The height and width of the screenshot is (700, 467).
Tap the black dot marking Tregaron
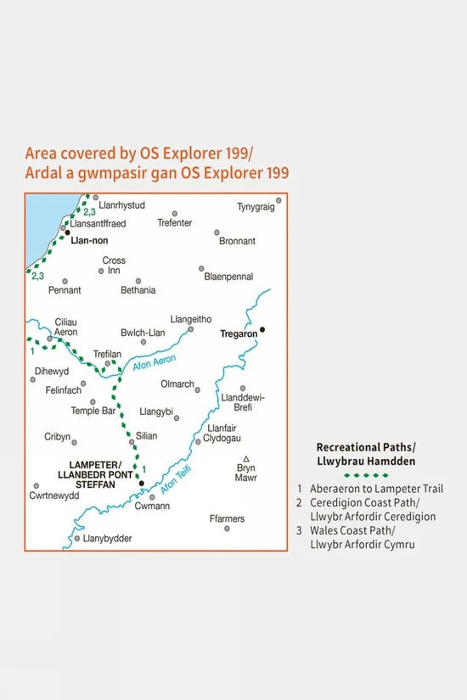[263, 329]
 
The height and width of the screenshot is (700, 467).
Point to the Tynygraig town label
[256, 206]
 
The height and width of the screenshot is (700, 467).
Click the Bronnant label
[237, 241]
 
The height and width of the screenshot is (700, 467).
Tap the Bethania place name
[137, 290]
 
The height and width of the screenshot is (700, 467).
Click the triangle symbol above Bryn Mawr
[245, 458]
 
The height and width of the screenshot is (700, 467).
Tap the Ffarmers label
[227, 518]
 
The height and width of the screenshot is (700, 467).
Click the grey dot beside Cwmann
[152, 497]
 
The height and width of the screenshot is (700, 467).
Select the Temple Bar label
[93, 411]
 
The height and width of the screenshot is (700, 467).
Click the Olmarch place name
[177, 384]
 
